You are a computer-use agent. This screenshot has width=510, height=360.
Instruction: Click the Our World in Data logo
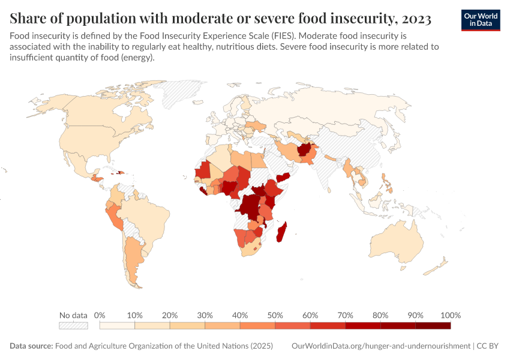pos(480,20)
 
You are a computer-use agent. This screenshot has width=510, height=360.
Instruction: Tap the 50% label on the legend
pos(275,315)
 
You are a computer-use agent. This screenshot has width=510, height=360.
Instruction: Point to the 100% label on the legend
pos(450,315)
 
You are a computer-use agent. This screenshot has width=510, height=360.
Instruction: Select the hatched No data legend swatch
pos(73,325)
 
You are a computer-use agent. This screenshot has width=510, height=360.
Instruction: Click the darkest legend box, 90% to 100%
pos(433,325)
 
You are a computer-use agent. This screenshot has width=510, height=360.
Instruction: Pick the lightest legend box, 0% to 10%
pos(117,325)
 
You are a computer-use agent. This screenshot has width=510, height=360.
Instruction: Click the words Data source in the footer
pos(31,346)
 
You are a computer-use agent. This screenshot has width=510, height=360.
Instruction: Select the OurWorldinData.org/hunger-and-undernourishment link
pos(380,346)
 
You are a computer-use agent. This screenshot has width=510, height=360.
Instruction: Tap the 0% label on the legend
pos(100,315)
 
